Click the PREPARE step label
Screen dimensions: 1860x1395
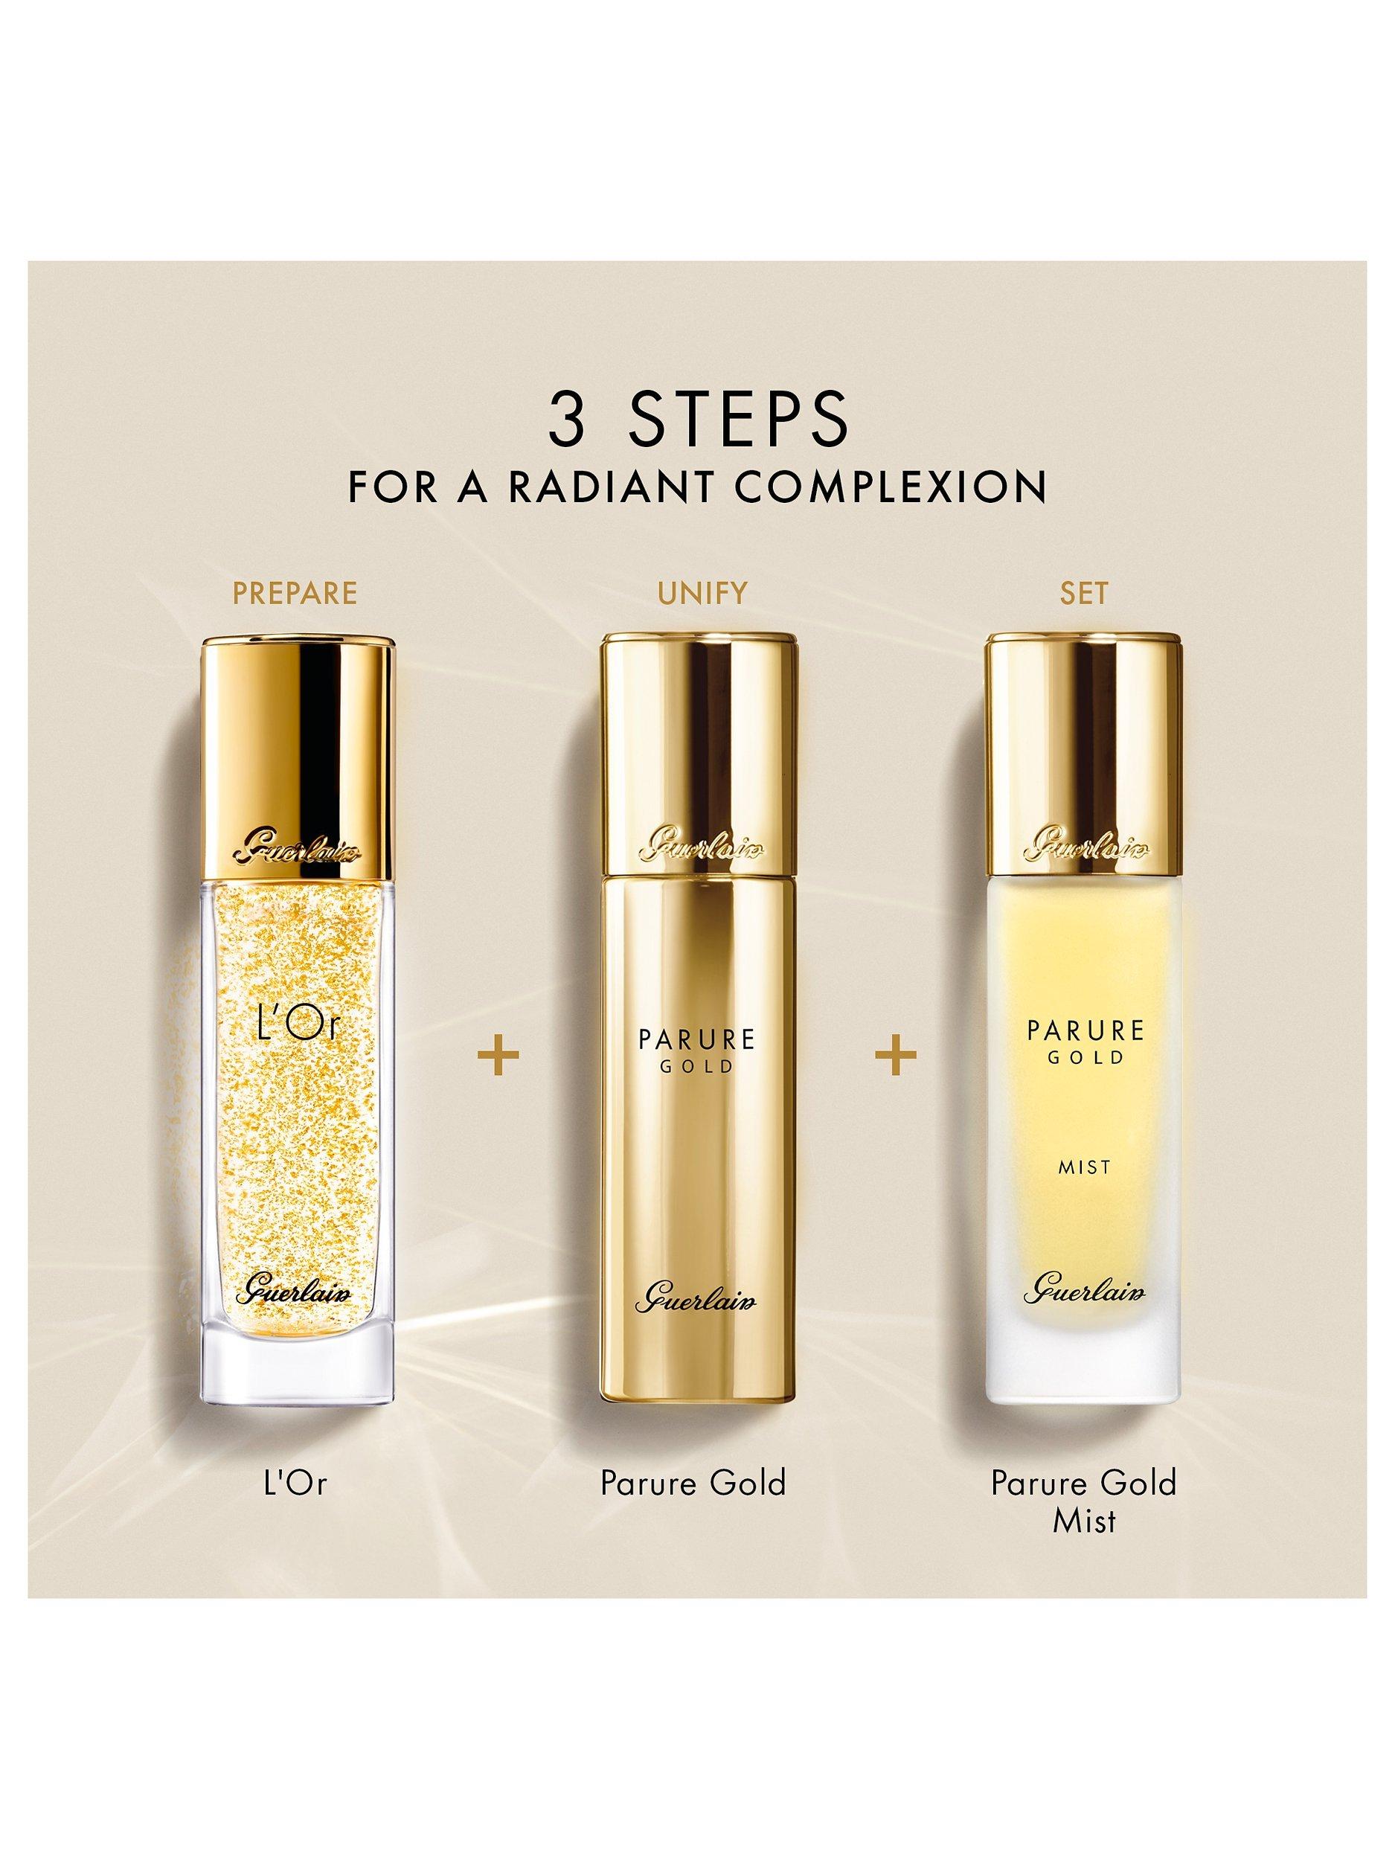(x=295, y=593)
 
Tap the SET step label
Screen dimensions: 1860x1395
(x=1085, y=593)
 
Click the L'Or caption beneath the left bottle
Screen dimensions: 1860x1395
(x=293, y=1481)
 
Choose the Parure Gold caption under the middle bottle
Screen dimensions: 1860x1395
(x=693, y=1481)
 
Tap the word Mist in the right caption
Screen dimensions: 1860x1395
(x=1084, y=1519)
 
